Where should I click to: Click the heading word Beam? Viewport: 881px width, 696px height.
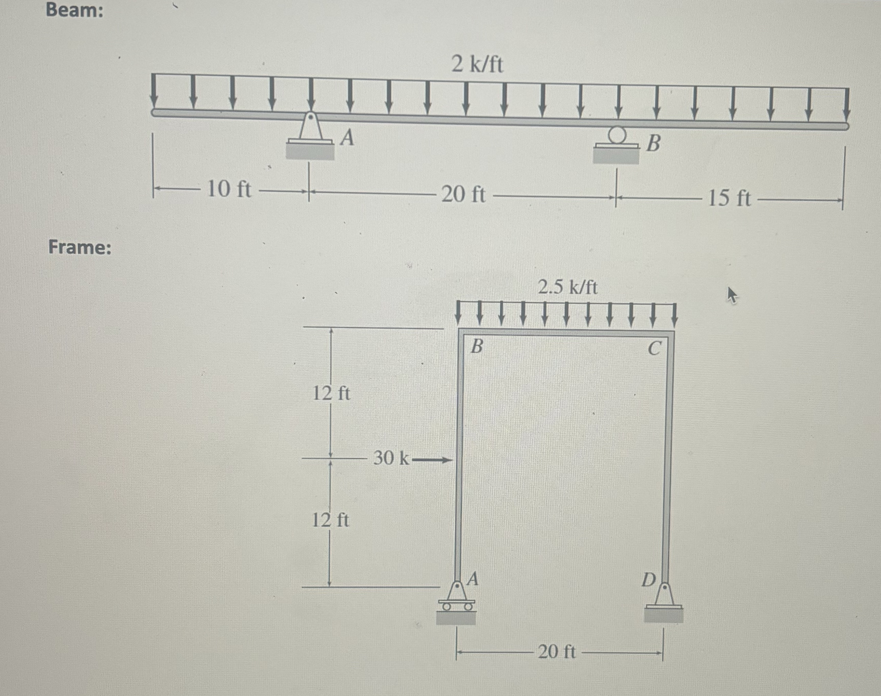(x=74, y=10)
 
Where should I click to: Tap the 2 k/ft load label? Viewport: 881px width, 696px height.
(x=477, y=64)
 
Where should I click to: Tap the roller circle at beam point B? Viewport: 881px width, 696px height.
(x=616, y=134)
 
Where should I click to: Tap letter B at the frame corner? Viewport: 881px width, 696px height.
(x=477, y=347)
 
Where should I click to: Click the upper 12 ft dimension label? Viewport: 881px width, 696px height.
(x=331, y=393)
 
